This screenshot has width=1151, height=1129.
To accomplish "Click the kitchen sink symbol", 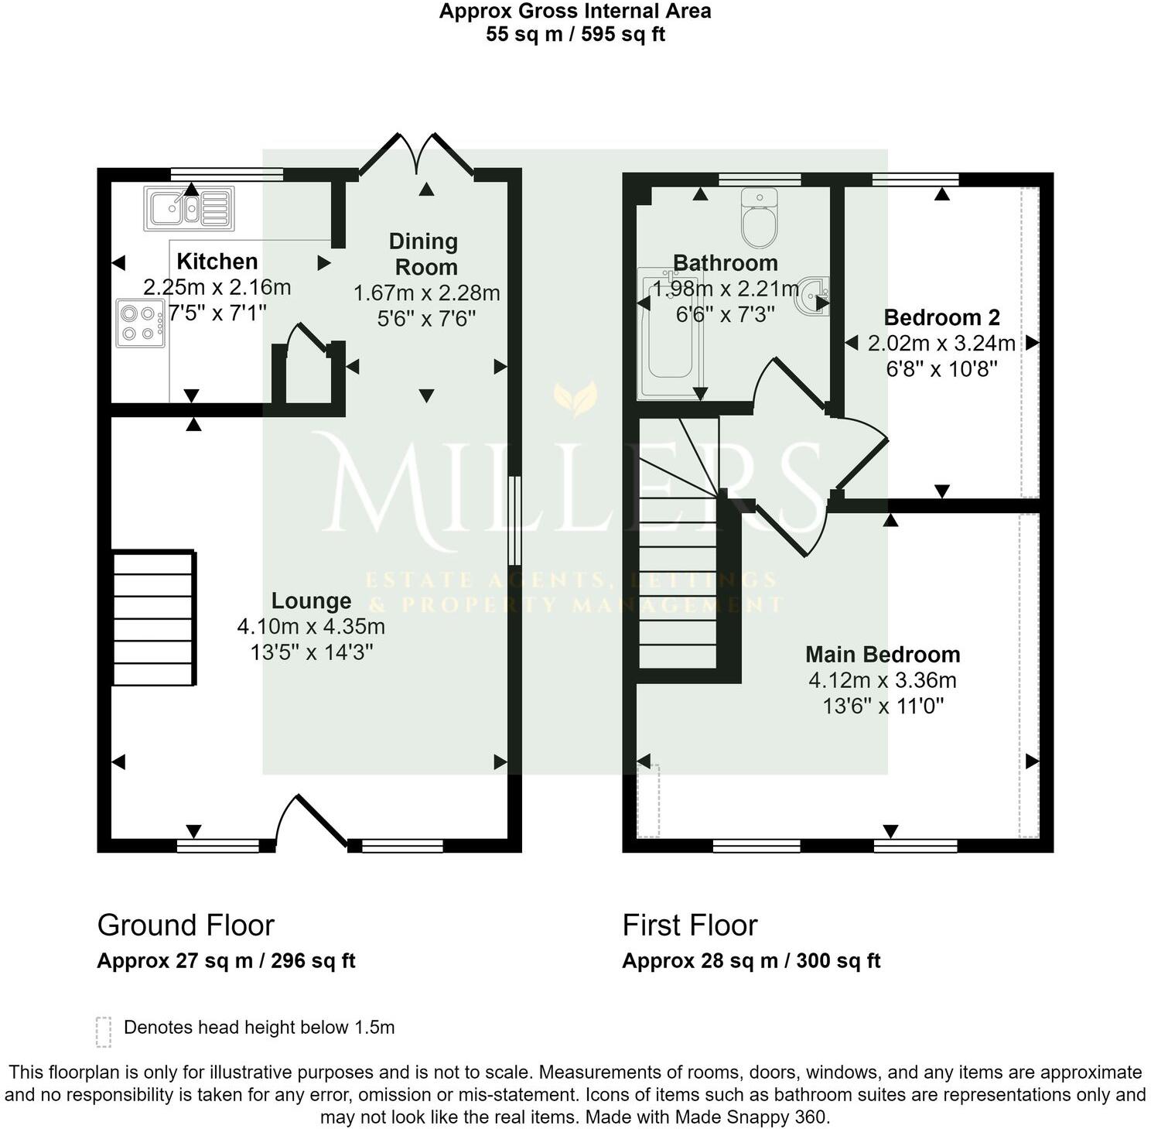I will pos(189,208).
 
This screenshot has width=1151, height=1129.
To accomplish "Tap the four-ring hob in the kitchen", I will pos(141,323).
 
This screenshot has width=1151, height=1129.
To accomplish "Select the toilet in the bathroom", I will pos(758,216).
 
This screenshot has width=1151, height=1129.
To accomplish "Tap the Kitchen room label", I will pos(217,262).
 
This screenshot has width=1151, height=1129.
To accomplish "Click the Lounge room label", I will pos(311,601).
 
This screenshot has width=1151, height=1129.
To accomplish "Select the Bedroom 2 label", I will pos(941,317).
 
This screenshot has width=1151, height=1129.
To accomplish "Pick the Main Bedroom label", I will pos(883,655).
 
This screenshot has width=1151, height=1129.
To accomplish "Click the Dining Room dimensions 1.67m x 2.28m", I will pos(426,293).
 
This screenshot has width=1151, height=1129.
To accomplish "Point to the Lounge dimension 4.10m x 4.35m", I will pos(311,627).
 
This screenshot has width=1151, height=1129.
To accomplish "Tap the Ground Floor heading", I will pos(186,925).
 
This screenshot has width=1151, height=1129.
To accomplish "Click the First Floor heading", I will pos(690,925).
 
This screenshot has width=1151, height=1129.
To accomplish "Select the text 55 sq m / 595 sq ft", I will pos(575,35).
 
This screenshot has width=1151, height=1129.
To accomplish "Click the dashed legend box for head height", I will pos(104,1031).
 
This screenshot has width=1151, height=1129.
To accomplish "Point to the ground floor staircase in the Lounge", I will pos(154,618).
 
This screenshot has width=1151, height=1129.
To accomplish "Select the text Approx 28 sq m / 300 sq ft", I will pos(751,961).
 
